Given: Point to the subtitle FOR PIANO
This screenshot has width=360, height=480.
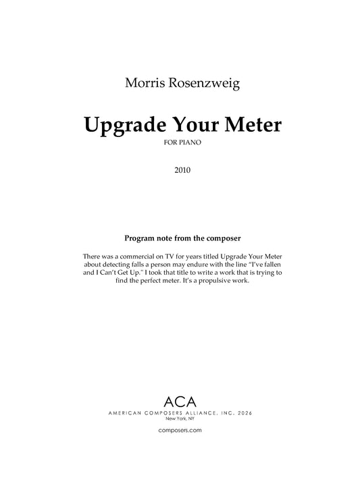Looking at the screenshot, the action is pos(180,144).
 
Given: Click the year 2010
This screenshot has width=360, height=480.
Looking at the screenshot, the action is pos(180,170).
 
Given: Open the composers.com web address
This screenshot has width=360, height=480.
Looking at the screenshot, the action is pos(180,430).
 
